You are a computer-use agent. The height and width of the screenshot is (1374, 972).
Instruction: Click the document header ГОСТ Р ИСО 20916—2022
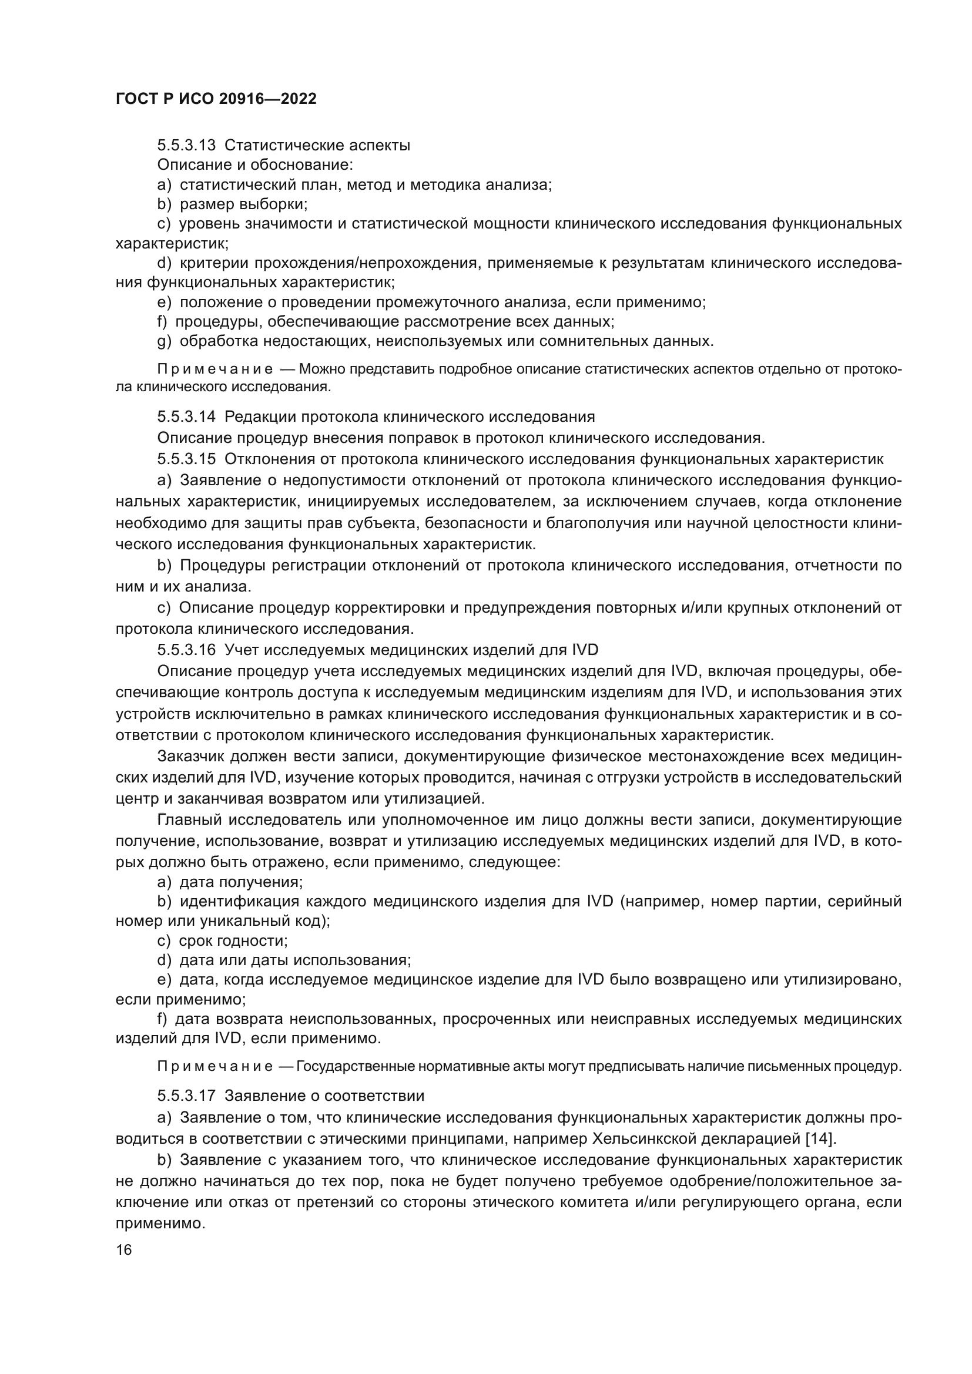(x=216, y=99)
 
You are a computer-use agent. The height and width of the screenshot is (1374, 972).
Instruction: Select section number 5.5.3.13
(x=186, y=146)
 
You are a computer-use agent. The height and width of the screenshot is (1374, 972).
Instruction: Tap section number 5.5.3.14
(x=186, y=416)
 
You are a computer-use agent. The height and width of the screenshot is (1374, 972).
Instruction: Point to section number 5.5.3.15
(x=186, y=459)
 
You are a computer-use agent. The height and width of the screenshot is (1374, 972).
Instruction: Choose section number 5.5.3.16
(x=186, y=650)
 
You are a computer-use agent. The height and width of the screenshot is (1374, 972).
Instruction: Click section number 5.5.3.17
(x=186, y=1096)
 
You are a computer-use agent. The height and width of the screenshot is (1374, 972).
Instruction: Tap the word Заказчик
(x=191, y=757)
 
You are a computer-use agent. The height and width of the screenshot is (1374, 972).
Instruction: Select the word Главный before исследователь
(x=188, y=819)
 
